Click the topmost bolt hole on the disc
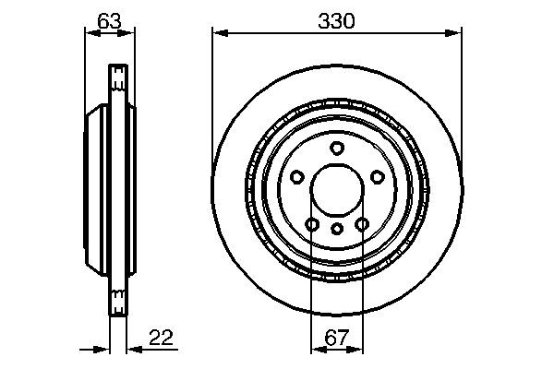click(x=337, y=149)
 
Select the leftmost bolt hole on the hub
click(x=296, y=178)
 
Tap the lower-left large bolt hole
click(x=312, y=224)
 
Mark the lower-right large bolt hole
click(x=362, y=224)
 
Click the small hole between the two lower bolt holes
click(x=337, y=227)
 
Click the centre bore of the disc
click(x=337, y=192)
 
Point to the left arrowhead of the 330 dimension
click(x=218, y=33)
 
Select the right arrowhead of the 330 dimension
click(x=455, y=33)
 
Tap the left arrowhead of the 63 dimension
click(x=90, y=33)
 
